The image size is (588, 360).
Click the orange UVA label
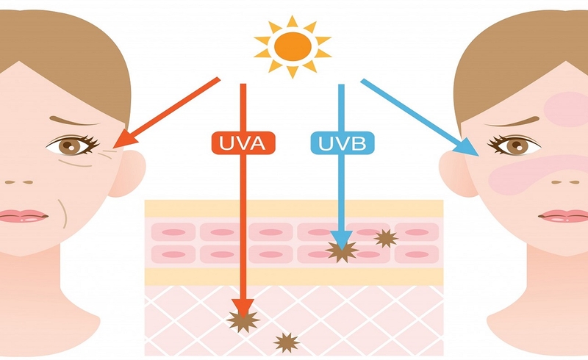click(242, 143)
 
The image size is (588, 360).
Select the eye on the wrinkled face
click(72, 145)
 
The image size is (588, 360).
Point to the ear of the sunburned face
click(456, 172)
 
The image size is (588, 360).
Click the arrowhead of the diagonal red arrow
click(123, 139)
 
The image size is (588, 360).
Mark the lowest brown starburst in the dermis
click(287, 342)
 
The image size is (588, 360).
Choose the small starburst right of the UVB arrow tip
click(386, 237)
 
